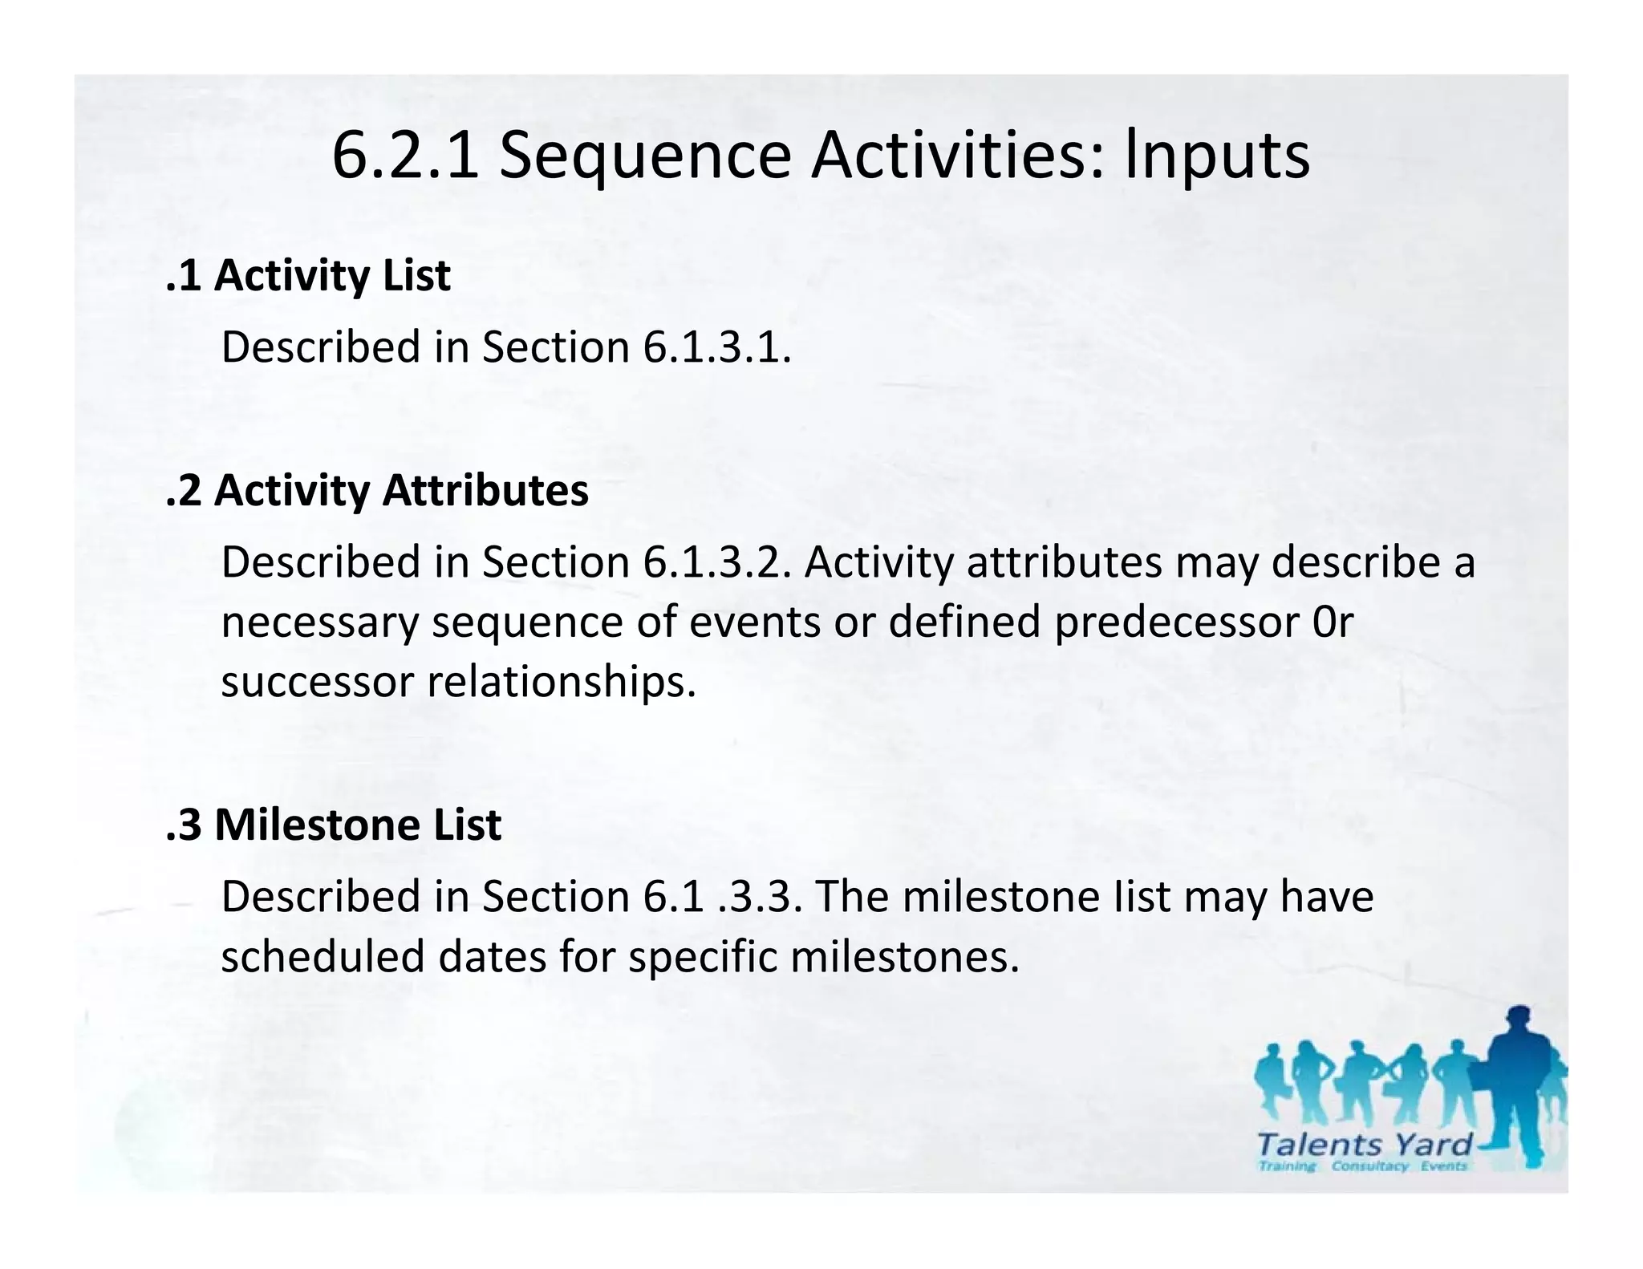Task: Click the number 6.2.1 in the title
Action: tap(405, 155)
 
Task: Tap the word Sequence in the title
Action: tap(645, 155)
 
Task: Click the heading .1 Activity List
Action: tap(308, 275)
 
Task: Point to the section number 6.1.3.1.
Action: tap(716, 347)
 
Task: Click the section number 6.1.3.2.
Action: tap(716, 562)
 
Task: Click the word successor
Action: tap(317, 682)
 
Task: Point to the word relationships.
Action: tap(561, 682)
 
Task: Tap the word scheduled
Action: tap(323, 956)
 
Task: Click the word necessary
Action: tap(319, 622)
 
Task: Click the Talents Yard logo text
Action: tap(1364, 1144)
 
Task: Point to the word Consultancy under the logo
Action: tap(1369, 1166)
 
